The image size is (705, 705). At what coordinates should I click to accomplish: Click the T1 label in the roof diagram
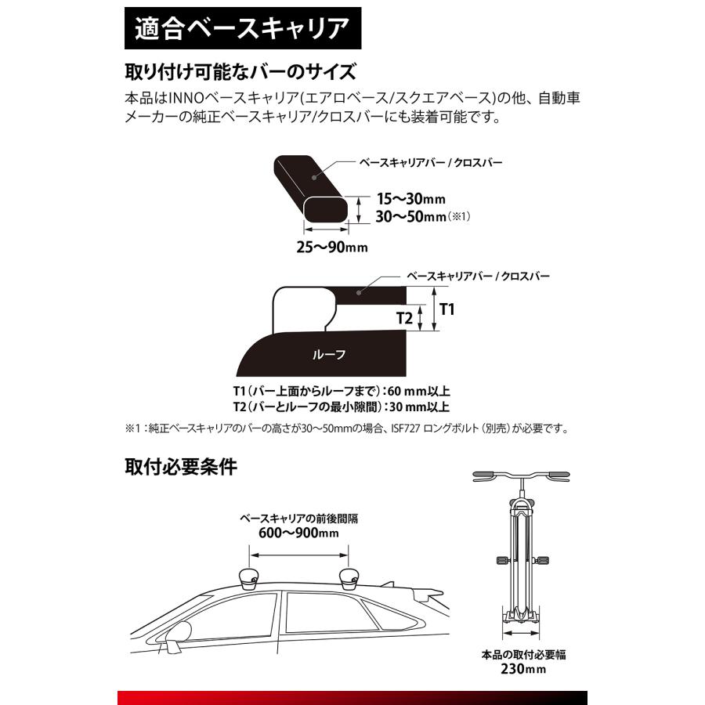point(447,309)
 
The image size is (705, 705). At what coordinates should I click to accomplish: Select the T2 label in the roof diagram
point(404,318)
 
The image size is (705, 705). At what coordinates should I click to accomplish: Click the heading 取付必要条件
point(180,467)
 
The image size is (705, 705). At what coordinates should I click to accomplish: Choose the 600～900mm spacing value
point(301,533)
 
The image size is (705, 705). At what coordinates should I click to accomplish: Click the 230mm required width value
point(524,670)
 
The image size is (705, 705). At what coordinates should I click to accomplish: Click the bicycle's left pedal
point(499,560)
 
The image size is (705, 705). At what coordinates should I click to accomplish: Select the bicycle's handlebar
point(523,475)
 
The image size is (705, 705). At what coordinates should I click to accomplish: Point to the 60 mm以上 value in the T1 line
point(421,390)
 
